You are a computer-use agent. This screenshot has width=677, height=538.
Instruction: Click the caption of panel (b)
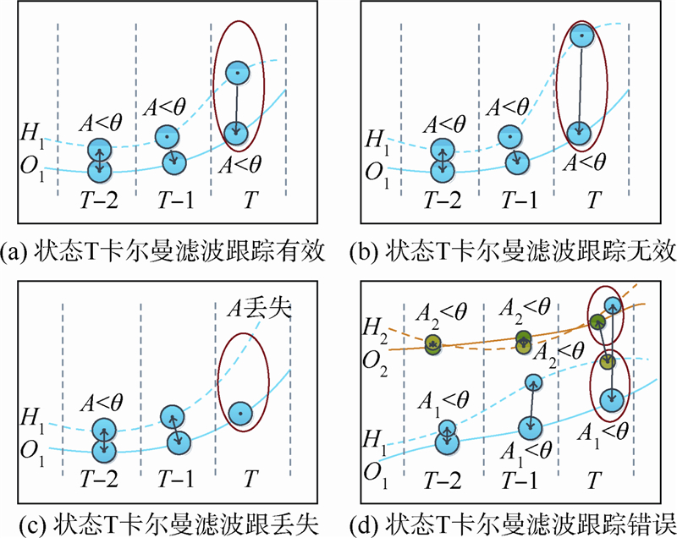click(508, 251)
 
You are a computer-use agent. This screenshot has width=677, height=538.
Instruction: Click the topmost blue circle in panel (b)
click(580, 36)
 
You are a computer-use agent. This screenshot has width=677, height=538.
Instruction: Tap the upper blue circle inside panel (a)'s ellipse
click(237, 74)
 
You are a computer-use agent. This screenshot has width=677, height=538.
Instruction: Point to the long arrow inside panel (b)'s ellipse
click(580, 85)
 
